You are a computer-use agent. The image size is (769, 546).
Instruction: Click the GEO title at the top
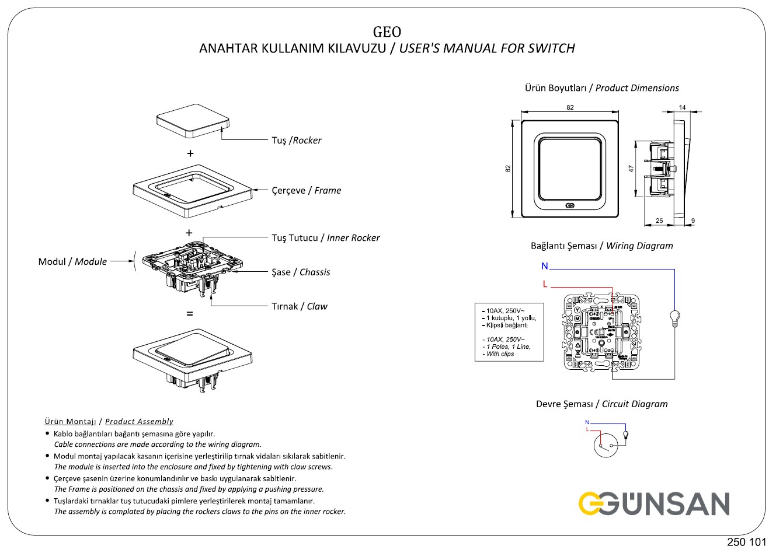pos(387,31)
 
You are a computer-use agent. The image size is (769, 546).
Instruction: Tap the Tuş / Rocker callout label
pos(296,141)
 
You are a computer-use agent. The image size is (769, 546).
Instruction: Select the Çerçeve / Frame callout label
pos(306,191)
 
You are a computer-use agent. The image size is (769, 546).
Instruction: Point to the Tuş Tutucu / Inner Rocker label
pos(325,238)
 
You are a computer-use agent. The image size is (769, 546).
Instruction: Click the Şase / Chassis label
pos(301,272)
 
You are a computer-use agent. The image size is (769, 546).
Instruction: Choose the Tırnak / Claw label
pos(299,307)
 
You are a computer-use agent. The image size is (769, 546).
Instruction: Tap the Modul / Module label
pos(72,262)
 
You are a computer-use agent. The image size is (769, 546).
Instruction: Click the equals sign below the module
pos(189,314)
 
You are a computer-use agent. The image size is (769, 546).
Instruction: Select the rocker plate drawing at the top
pos(193,124)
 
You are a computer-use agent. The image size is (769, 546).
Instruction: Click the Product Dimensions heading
pos(601,88)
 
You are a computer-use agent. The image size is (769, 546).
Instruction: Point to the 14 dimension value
pos(683,107)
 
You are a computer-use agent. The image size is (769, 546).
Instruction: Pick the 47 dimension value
pos(631,168)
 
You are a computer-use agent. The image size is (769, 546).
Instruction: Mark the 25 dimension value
pos(659,221)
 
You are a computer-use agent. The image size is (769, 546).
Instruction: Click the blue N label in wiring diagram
pos(545,267)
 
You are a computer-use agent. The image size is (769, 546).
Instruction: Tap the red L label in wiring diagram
pos(545,284)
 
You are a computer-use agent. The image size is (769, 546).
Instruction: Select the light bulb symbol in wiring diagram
pos(676,318)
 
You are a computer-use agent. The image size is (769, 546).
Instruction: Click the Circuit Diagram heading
pos(601,404)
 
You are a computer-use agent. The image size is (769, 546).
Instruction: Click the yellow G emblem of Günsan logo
pos(591,504)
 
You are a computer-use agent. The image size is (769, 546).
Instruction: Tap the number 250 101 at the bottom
pos(746,541)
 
